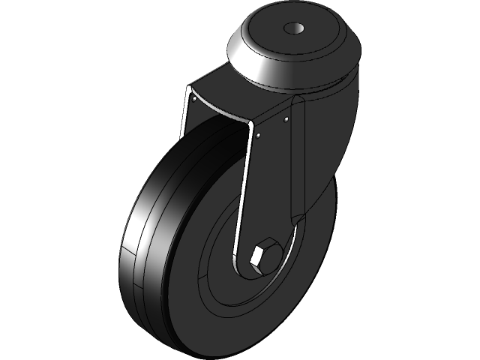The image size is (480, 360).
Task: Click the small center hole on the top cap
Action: coord(293,29)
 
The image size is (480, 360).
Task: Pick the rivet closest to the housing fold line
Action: coord(286,118)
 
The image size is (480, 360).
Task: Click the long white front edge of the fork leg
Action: coord(241,195)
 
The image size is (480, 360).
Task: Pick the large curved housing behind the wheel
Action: coord(330,150)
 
